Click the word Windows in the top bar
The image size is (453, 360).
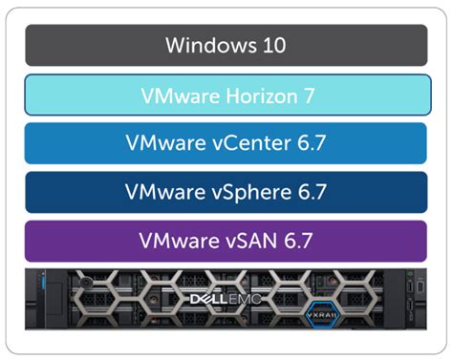(204, 45)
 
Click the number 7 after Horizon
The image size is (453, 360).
(309, 95)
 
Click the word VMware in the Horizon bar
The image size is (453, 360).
(175, 95)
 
